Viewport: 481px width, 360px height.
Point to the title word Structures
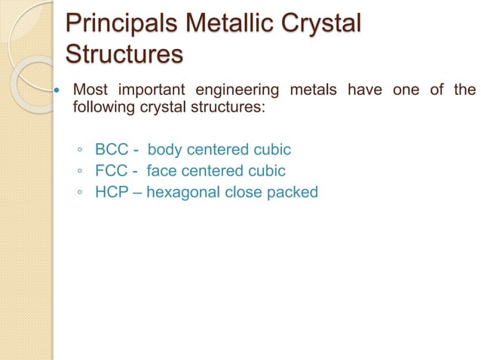click(124, 55)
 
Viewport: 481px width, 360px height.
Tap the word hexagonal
click(183, 192)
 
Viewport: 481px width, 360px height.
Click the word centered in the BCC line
click(220, 148)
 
